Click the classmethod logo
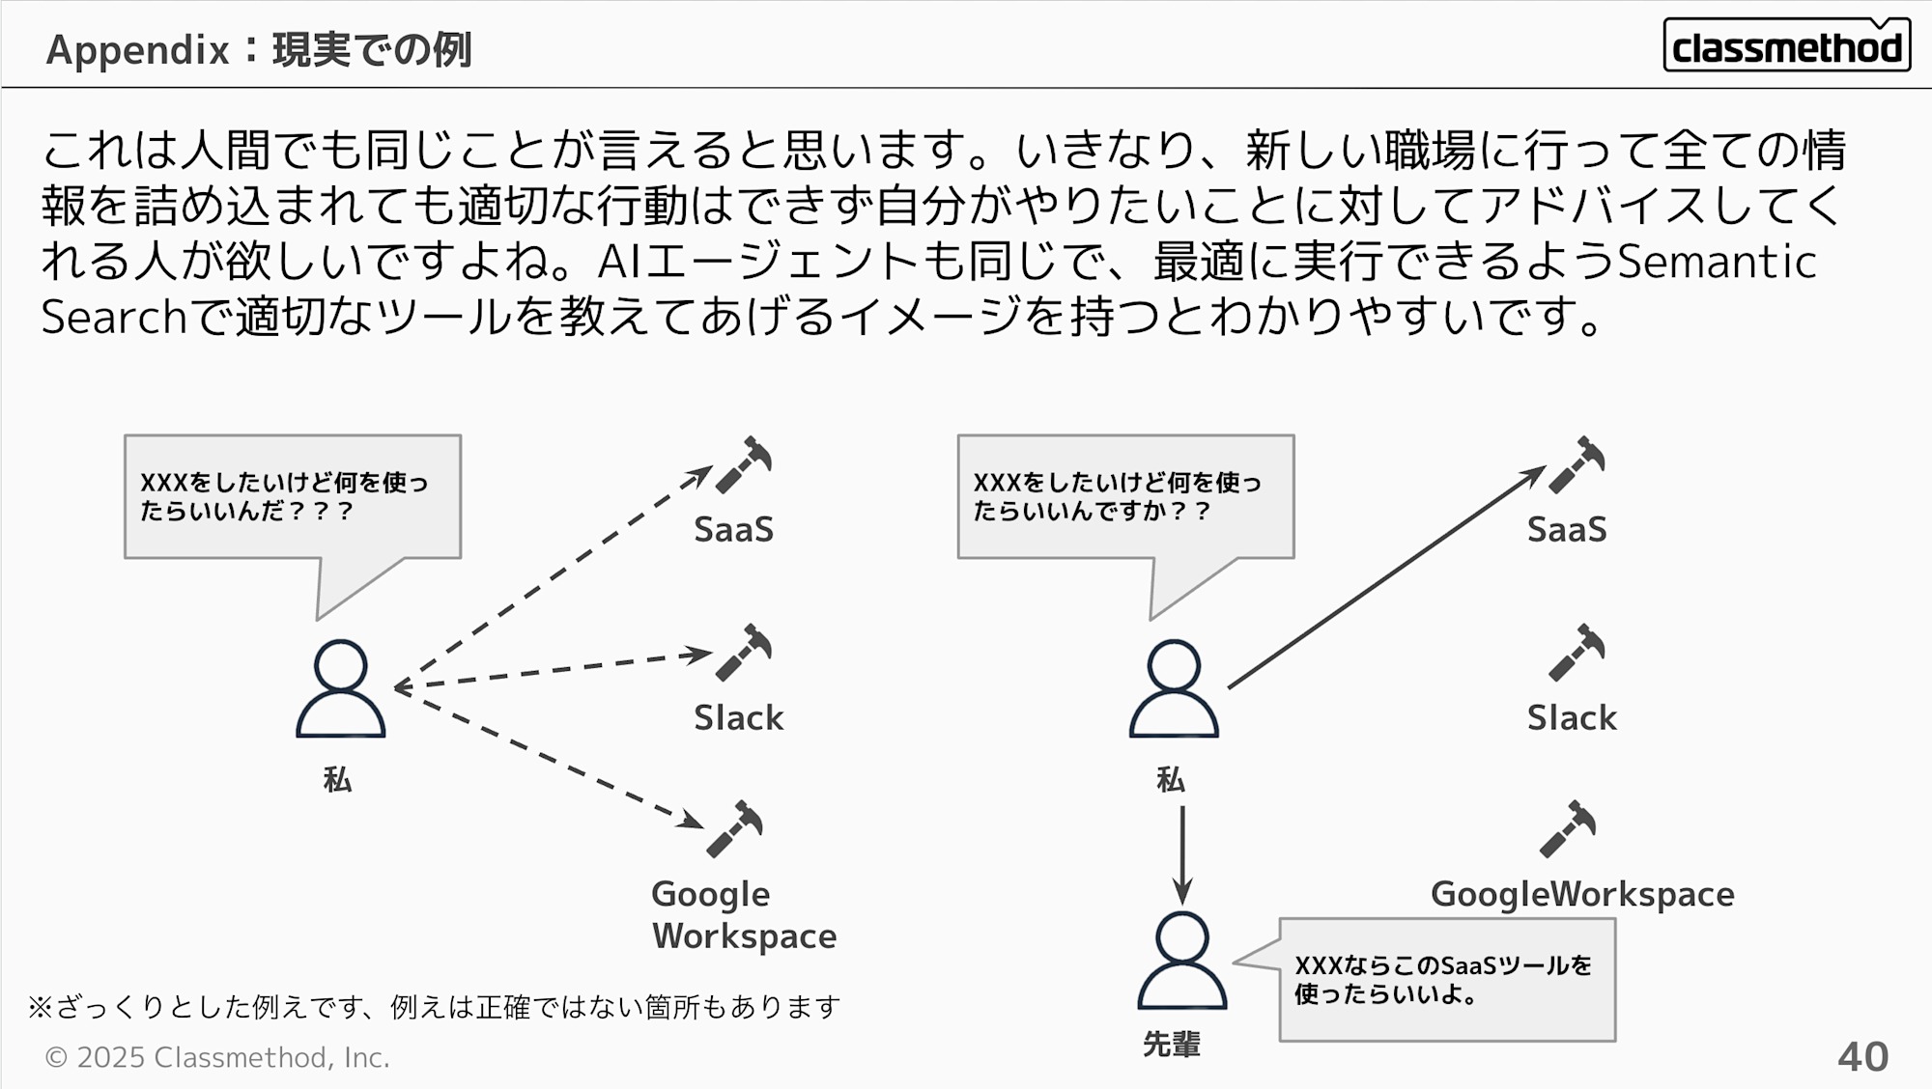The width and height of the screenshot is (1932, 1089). (x=1786, y=45)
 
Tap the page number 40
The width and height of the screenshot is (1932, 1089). (x=1862, y=1057)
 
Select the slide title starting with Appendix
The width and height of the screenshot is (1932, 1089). (x=259, y=49)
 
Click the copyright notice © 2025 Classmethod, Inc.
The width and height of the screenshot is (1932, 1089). (x=217, y=1058)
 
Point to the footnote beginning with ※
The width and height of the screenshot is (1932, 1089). (x=434, y=1007)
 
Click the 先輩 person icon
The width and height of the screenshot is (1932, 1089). (x=1181, y=961)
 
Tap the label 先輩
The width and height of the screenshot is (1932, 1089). (x=1171, y=1044)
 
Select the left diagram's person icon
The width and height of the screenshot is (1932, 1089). (x=340, y=688)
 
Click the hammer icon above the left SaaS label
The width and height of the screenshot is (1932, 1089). (x=744, y=464)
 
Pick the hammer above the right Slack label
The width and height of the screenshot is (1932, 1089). (x=1577, y=653)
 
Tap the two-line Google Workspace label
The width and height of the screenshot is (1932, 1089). (x=743, y=915)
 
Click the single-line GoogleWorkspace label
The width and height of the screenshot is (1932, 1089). (x=1581, y=894)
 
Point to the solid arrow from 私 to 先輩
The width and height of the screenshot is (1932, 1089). (x=1181, y=854)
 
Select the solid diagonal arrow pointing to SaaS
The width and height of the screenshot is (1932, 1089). (x=1386, y=577)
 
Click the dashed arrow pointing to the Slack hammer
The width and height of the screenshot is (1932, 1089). (x=555, y=670)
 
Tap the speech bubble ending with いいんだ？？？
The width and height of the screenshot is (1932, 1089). (x=292, y=497)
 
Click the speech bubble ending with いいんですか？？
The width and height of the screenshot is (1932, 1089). (x=1125, y=497)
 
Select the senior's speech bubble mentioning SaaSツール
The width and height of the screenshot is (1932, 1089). (x=1446, y=979)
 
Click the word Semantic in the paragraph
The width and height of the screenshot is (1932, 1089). (x=1717, y=262)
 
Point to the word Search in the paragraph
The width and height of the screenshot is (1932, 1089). (x=113, y=317)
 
